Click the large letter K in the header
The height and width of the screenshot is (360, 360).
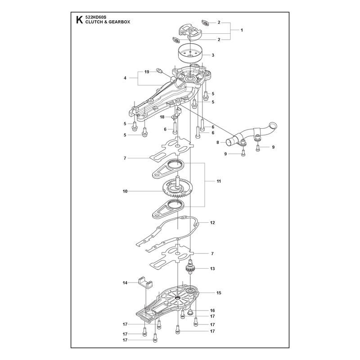(x=80, y=20)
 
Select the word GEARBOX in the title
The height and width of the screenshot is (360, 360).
(x=121, y=22)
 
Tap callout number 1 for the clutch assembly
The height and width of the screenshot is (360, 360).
(x=242, y=30)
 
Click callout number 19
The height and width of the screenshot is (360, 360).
(x=147, y=72)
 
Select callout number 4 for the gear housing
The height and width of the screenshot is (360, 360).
(x=125, y=78)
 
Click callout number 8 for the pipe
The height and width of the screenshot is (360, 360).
(x=218, y=142)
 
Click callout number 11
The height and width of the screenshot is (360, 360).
(x=219, y=181)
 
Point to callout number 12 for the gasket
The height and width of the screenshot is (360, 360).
(x=212, y=222)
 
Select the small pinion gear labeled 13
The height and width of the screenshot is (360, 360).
(x=190, y=267)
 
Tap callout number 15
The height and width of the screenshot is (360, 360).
(x=219, y=293)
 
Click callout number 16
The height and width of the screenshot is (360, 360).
(x=212, y=310)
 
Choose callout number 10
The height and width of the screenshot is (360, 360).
(x=125, y=191)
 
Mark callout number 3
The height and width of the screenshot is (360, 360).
(x=213, y=55)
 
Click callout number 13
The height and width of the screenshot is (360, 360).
(x=212, y=268)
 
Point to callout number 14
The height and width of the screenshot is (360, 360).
(x=125, y=283)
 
